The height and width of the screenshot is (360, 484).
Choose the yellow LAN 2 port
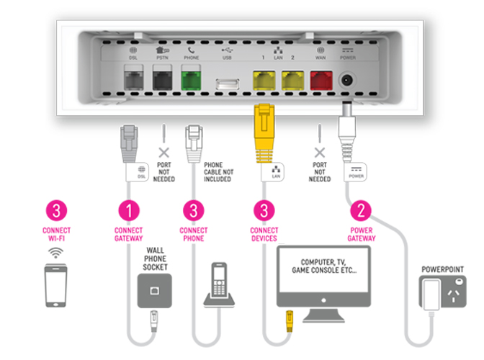pos(292,80)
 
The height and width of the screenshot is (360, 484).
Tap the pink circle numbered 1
pos(128,210)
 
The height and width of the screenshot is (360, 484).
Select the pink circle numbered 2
pos(361,210)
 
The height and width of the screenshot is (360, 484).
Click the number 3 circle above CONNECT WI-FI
pos(60,210)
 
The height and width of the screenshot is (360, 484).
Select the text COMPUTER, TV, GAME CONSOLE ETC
pos(323,270)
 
